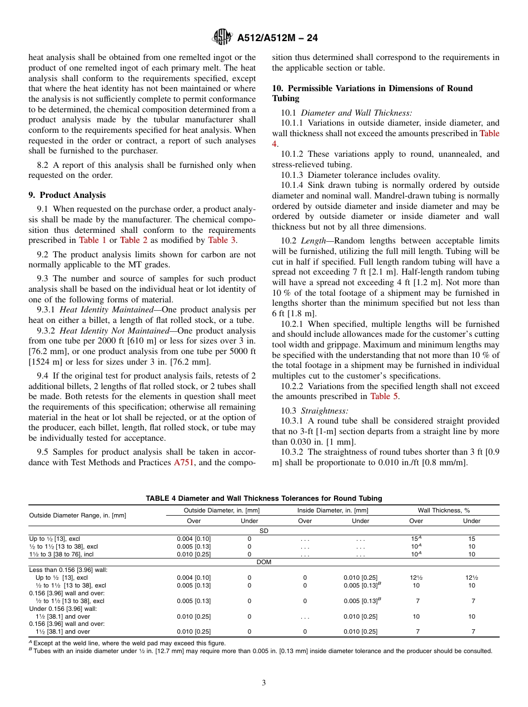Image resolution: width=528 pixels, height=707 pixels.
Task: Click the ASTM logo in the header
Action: point(222,38)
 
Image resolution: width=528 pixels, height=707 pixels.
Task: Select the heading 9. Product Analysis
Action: point(67,195)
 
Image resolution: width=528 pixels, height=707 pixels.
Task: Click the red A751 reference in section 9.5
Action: point(184,462)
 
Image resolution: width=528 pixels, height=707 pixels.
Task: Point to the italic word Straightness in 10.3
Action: point(325,411)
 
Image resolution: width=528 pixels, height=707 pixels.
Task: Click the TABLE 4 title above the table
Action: point(263,499)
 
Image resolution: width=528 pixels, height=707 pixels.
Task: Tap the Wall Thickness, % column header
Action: point(444,510)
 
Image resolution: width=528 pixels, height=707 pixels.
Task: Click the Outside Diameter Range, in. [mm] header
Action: point(77,515)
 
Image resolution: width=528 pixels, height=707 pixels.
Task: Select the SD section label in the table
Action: point(263,531)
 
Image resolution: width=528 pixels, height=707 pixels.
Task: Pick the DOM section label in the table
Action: point(263,562)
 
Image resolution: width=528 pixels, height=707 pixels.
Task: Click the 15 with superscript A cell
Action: point(416,539)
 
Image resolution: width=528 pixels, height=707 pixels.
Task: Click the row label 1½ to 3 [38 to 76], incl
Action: point(63,554)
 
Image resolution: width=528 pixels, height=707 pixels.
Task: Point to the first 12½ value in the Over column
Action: point(416,577)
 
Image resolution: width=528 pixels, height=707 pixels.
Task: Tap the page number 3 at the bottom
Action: point(263,683)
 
